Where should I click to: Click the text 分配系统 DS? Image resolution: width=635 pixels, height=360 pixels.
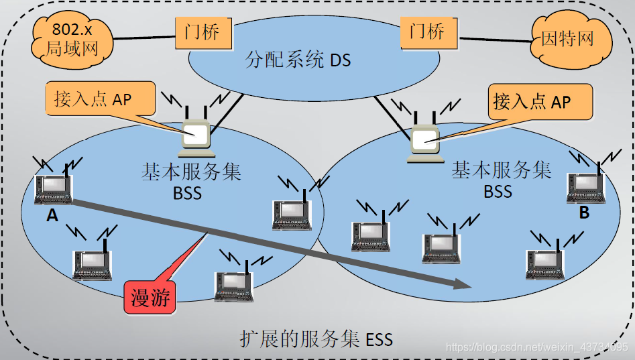pyautogui.click(x=298, y=61)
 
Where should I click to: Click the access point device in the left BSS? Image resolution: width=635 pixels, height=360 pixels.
pyautogui.click(x=197, y=135)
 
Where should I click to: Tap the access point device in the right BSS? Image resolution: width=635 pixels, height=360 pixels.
pyautogui.click(x=424, y=141)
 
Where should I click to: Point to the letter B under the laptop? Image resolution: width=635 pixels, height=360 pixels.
pyautogui.click(x=584, y=213)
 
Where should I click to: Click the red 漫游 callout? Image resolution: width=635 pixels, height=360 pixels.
pyautogui.click(x=150, y=297)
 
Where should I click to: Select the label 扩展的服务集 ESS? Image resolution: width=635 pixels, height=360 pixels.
pyautogui.click(x=316, y=339)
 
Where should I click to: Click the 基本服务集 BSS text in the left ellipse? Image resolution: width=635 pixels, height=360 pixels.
pyautogui.click(x=191, y=181)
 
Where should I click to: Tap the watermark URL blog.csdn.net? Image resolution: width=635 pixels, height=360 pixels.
pyautogui.click(x=536, y=347)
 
